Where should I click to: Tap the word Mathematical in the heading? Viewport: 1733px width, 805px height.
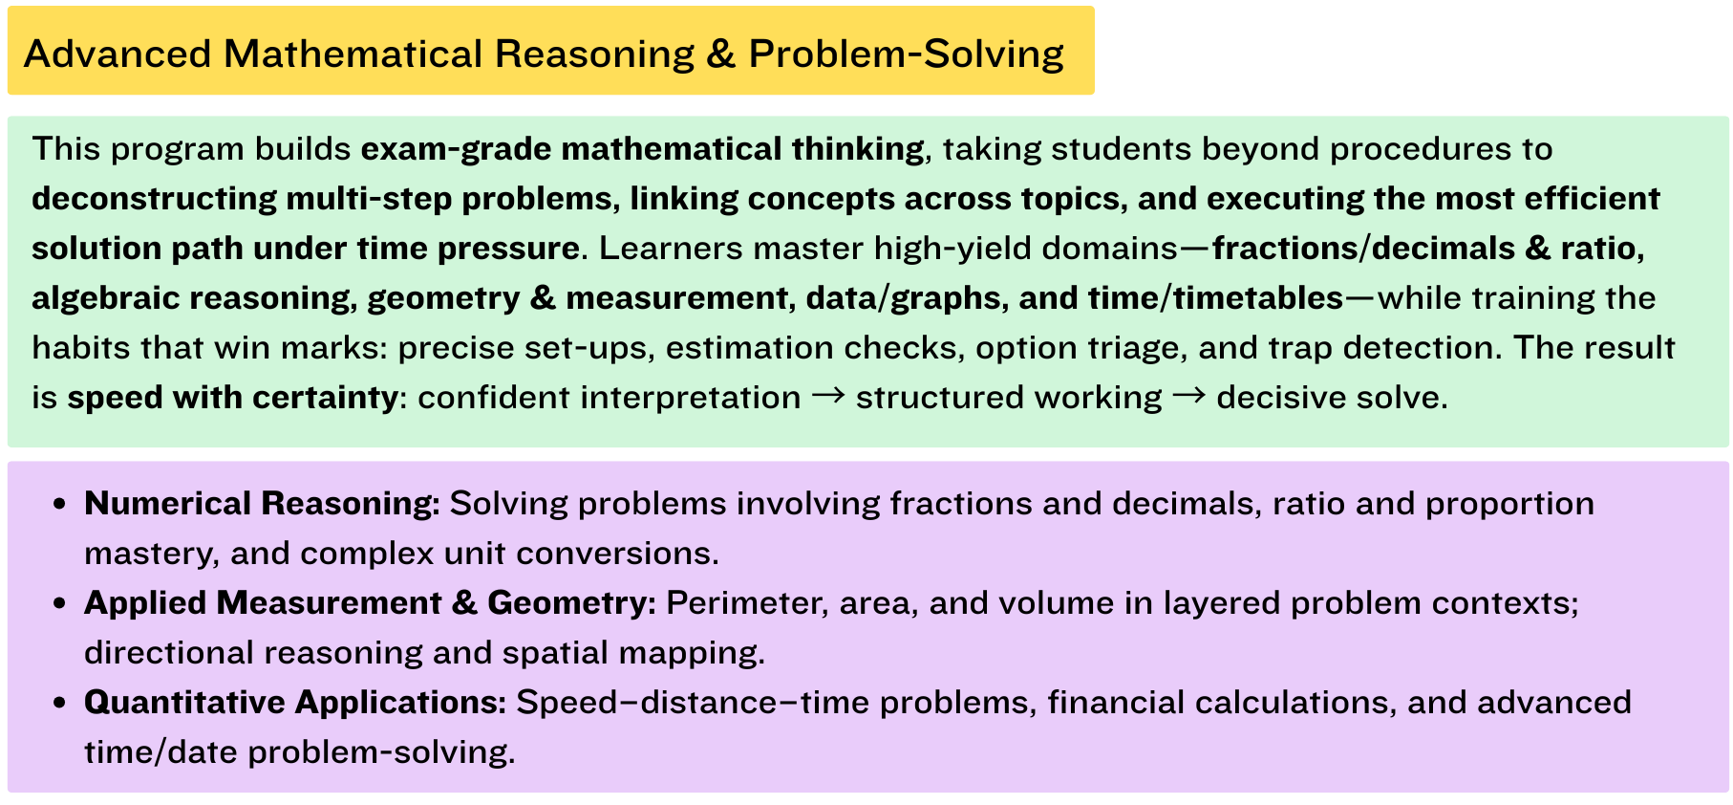click(353, 54)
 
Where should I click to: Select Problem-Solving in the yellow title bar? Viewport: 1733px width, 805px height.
click(906, 54)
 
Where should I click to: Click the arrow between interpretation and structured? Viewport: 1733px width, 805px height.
click(828, 395)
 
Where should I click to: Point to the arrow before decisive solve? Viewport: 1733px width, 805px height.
click(1188, 395)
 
